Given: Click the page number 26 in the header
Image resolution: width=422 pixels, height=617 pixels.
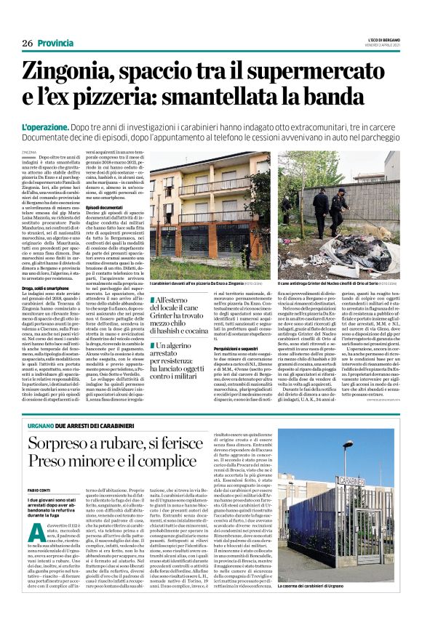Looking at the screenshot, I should (28, 44).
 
